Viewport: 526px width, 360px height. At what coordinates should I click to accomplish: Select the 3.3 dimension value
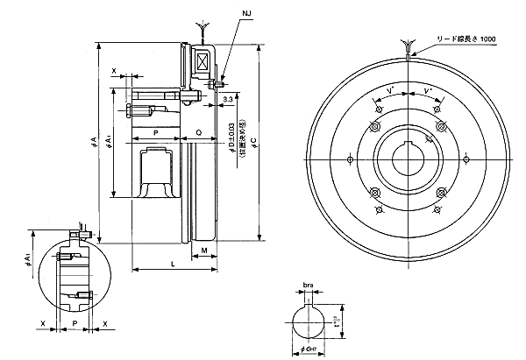(228, 102)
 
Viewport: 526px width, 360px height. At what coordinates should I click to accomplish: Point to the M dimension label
(203, 251)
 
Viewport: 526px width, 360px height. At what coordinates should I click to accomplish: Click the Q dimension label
(199, 132)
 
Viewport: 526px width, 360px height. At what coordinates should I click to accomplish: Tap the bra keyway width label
(308, 286)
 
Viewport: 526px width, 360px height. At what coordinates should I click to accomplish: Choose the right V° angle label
(427, 91)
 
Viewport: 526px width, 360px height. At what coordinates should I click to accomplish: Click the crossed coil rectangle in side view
(202, 64)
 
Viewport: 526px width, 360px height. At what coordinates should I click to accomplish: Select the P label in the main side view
(154, 132)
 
